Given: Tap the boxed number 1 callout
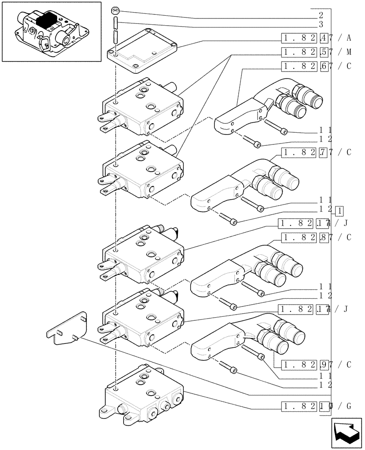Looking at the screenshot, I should [340, 211].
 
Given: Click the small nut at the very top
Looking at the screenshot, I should [116, 10].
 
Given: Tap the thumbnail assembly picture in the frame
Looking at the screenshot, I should [51, 31].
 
